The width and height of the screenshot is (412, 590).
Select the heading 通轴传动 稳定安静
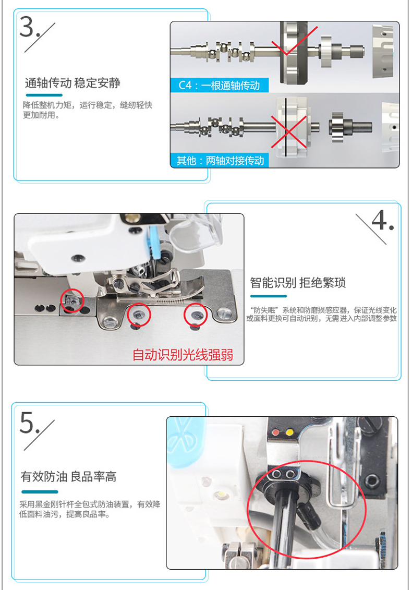pos(72,83)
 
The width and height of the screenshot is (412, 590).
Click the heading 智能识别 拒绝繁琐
pos(298,283)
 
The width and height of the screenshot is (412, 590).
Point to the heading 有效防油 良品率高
pos(68,477)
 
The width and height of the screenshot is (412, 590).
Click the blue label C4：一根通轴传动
pos(220,86)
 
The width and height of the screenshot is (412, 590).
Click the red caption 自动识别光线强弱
pos(183,354)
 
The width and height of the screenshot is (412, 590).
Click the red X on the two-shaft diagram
pos(289,131)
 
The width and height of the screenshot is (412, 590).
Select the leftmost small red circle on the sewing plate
pos(72,300)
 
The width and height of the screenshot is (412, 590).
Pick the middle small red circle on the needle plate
pos(139,314)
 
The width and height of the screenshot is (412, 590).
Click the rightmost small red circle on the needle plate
pos(196,315)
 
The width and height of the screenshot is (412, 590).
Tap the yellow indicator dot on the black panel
pos(289,432)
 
